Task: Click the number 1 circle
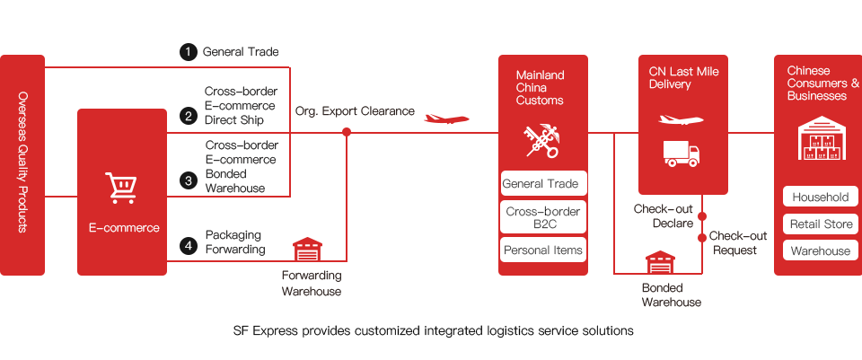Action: (188, 51)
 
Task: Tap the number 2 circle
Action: (188, 116)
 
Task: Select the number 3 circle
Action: (188, 180)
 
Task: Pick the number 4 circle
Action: (188, 245)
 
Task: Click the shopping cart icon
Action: (121, 188)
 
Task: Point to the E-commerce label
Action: (123, 228)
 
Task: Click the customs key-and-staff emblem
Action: (541, 139)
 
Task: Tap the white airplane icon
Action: (681, 119)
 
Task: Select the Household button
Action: (820, 198)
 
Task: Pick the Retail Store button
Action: (820, 224)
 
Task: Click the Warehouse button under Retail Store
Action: (820, 251)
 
